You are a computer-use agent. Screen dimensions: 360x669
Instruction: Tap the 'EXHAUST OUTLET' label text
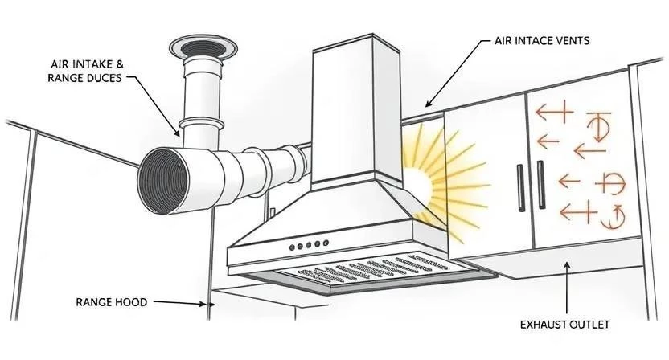click(x=564, y=325)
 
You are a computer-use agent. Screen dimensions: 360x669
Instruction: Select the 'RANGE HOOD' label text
click(x=112, y=302)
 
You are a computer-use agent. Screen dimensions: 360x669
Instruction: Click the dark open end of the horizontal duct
click(x=166, y=178)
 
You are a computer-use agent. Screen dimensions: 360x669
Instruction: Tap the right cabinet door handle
click(x=539, y=186)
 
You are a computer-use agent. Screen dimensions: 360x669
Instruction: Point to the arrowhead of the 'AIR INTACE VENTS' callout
click(x=427, y=106)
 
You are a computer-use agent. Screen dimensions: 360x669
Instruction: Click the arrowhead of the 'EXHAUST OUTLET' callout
click(x=568, y=264)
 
